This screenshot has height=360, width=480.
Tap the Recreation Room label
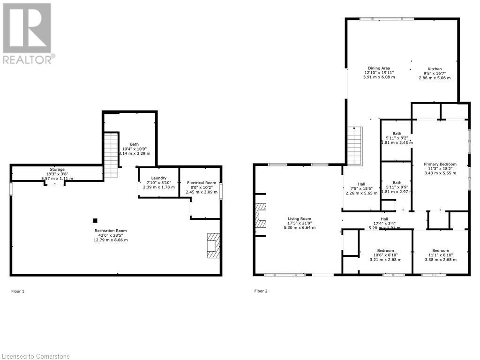coord(111,231)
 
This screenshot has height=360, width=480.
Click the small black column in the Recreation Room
coord(95,220)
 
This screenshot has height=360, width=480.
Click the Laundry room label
coord(158,178)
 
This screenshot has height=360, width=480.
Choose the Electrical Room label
coord(201,183)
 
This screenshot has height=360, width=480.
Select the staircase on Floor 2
coord(355,146)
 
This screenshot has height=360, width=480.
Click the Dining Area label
coord(379,68)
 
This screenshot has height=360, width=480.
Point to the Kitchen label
coord(435,68)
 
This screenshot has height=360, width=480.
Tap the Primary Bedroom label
coord(440,164)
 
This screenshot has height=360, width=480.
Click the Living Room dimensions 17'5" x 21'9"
coord(299,223)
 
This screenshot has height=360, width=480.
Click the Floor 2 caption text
coord(261,291)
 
